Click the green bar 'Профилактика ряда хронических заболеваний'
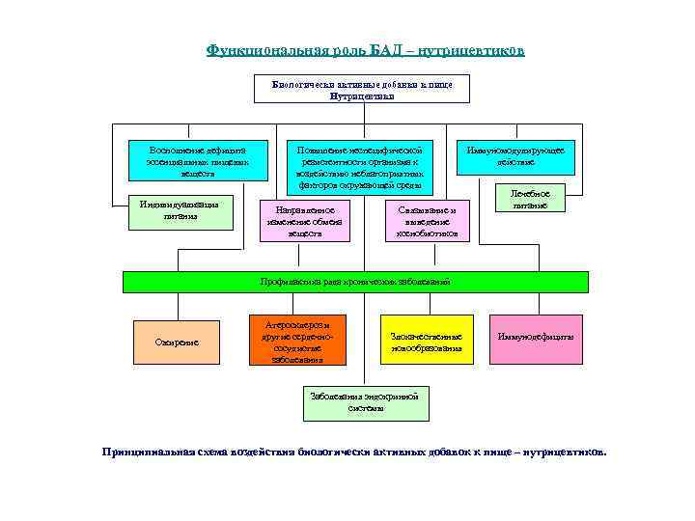[x=355, y=282]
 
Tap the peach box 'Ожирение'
[x=176, y=341]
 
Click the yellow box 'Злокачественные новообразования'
[x=426, y=341]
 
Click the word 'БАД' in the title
[x=379, y=50]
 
